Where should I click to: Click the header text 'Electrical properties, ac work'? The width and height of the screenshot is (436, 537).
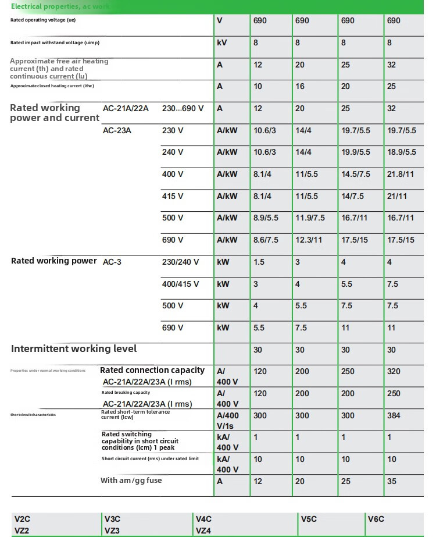[x=60, y=6]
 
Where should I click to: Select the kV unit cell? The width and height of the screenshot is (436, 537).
[x=221, y=42]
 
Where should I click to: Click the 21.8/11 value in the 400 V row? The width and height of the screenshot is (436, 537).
[x=401, y=175]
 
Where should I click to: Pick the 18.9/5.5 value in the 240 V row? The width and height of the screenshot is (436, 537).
[x=402, y=152]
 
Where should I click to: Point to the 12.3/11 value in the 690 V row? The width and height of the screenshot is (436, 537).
[x=309, y=240]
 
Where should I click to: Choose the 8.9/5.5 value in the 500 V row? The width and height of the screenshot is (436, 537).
[x=266, y=218]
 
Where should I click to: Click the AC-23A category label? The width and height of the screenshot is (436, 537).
[x=117, y=131]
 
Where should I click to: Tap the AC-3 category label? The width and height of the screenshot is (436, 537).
[x=112, y=262]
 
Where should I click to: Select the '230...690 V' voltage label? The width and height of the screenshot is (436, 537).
[x=183, y=109]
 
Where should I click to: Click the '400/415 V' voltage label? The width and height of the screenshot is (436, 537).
[x=180, y=284]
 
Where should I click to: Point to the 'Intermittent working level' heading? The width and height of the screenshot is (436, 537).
[x=74, y=349]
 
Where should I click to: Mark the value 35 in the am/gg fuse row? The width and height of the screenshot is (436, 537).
[x=392, y=482]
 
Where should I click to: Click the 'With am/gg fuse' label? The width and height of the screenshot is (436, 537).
[x=131, y=481]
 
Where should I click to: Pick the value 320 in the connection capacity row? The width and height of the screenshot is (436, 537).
[x=394, y=371]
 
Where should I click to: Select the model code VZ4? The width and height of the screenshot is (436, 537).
[x=203, y=531]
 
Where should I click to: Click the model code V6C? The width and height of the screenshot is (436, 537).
[x=376, y=519]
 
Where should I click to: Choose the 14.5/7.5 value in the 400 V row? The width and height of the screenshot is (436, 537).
[x=356, y=175]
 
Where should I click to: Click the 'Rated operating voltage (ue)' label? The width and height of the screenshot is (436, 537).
[x=43, y=20]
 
